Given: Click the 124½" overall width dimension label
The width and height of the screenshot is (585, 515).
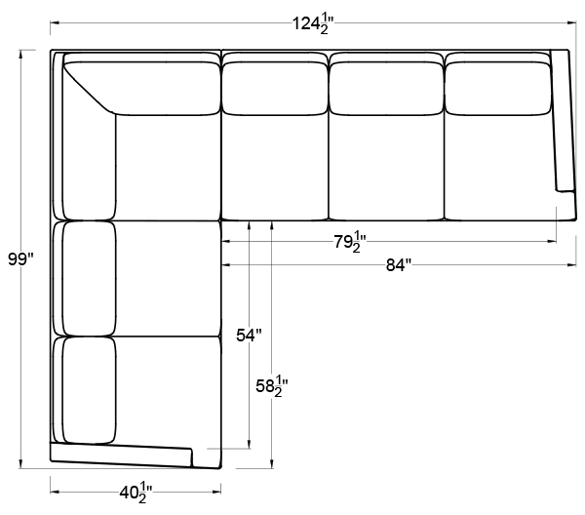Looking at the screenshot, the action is coord(312,23).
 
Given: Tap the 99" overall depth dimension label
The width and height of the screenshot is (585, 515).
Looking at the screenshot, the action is coord(20,259).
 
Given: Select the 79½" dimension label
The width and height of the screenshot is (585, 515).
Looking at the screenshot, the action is coord(350,242).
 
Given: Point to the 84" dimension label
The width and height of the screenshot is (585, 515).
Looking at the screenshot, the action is coord(399,265).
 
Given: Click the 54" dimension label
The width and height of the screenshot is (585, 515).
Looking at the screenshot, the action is coord(249,336).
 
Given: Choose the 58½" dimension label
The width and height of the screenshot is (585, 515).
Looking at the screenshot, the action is coord(272,386).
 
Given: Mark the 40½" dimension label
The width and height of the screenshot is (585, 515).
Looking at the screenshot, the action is coord(136,493).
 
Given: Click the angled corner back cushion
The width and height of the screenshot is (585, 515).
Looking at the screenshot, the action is coord(141,89).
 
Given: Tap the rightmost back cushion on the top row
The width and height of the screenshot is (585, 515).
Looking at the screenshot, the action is coord(498,89).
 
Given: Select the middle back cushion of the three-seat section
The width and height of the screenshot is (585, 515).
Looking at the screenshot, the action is coord(386,89).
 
